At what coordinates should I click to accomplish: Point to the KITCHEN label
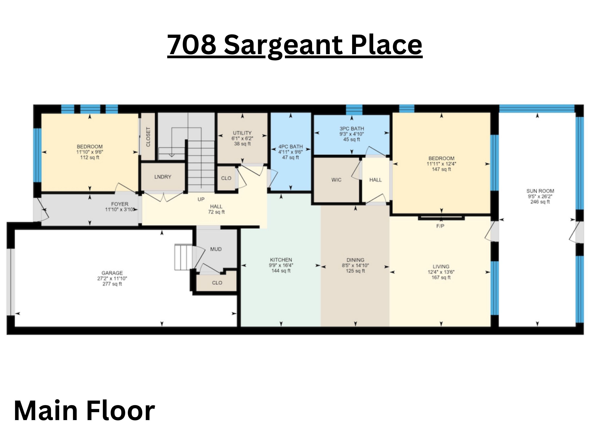[x=281, y=260]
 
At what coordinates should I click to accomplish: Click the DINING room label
[x=355, y=260]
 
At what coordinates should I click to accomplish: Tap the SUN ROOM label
[x=540, y=191]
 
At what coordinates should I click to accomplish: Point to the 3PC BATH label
[x=352, y=129]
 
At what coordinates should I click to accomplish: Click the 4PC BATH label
[x=290, y=146]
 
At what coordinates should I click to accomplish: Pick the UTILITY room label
[x=242, y=133]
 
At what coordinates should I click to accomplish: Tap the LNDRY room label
[x=163, y=177]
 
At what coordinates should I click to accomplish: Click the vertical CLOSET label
[x=148, y=137]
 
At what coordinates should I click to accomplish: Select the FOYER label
[x=120, y=204]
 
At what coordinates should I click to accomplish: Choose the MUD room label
[x=216, y=249]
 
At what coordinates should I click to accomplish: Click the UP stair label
[x=201, y=199]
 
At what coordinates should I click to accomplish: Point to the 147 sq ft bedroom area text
[x=441, y=169]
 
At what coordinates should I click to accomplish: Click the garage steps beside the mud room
[x=183, y=257]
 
